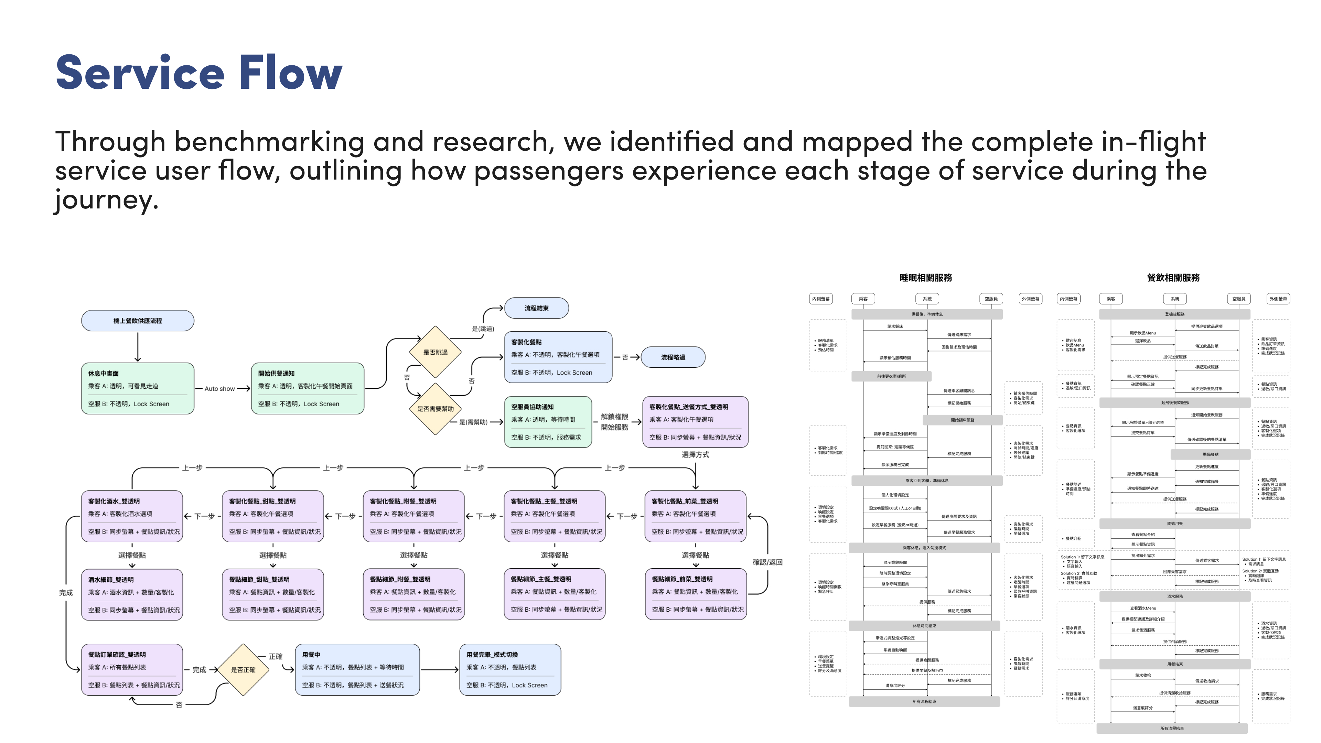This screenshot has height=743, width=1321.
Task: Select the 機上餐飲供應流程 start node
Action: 138,321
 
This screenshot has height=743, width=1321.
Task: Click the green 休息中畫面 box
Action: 138,388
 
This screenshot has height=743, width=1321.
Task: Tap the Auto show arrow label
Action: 219,389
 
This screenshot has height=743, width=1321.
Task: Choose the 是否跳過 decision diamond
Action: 435,352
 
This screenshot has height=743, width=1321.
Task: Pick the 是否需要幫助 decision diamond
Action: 435,409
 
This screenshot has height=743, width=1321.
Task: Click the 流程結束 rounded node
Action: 536,308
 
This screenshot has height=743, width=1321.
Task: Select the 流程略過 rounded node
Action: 673,357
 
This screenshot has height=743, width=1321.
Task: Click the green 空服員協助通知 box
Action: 548,421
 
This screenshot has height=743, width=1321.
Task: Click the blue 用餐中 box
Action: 357,670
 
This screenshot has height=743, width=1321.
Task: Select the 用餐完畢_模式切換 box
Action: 510,670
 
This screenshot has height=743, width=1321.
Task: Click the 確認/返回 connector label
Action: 767,562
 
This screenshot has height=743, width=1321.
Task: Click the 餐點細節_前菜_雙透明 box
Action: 695,594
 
